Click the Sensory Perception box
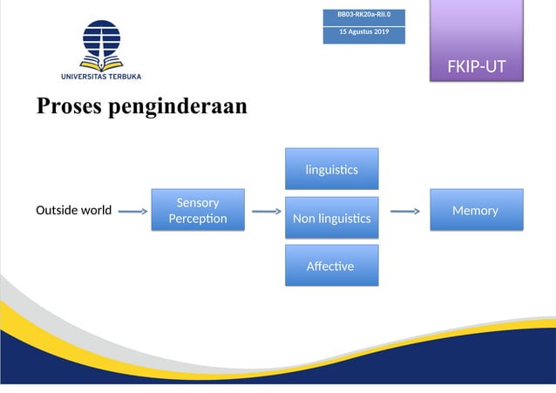198,210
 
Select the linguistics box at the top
331,169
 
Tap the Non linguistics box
331,218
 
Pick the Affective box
331,266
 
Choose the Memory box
476,210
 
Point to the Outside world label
73,211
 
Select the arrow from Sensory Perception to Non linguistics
265,211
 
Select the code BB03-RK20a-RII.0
363,15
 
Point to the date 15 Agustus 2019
363,32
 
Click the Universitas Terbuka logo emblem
102,44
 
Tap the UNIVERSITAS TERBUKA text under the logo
102,77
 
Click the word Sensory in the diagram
198,203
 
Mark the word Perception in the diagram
198,219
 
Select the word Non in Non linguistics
304,219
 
